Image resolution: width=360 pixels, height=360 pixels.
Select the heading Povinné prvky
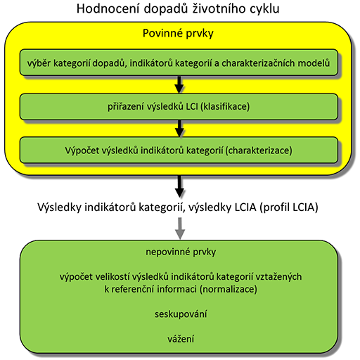(x=178, y=33)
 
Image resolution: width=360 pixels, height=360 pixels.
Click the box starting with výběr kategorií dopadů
(x=179, y=63)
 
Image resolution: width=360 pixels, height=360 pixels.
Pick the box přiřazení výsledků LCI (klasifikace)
(x=179, y=107)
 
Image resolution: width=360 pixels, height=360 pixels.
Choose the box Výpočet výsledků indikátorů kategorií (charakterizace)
(x=179, y=150)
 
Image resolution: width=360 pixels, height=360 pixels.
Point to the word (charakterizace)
(x=259, y=150)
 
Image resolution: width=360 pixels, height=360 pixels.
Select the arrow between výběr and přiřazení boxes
(x=179, y=84)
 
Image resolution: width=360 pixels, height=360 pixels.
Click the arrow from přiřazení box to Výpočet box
(x=179, y=129)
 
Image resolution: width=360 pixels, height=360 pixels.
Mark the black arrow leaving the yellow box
(x=179, y=186)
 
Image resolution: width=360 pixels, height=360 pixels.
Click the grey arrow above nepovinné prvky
(x=180, y=229)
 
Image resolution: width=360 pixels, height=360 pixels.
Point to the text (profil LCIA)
(x=289, y=207)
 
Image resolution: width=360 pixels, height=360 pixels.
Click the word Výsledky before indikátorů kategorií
(x=60, y=207)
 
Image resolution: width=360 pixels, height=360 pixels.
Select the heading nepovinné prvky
(x=181, y=252)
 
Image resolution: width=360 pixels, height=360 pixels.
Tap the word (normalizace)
(x=229, y=289)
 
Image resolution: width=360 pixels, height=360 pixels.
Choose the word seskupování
(x=181, y=314)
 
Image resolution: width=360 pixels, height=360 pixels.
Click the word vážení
(x=181, y=339)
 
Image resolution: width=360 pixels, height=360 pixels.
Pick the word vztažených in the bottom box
(x=278, y=277)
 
